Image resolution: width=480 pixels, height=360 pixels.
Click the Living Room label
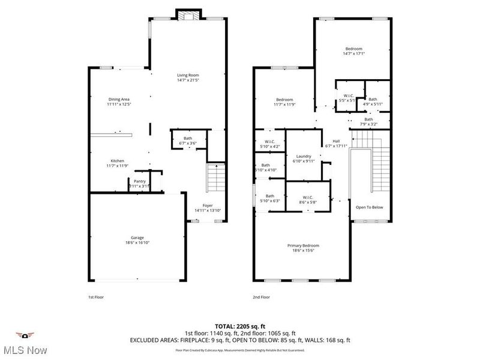(188, 75)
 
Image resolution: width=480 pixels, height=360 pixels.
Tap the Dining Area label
(119, 99)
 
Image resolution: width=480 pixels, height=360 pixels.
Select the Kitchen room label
(117, 160)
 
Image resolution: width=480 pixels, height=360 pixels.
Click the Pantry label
(139, 181)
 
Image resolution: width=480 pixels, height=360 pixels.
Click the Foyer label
(208, 206)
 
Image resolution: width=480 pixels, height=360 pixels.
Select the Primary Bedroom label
(303, 245)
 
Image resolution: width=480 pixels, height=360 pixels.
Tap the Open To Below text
(369, 207)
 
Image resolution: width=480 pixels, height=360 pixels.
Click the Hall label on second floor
(337, 141)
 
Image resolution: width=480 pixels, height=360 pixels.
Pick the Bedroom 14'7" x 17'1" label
(353, 49)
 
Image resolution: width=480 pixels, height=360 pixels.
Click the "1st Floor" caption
(95, 296)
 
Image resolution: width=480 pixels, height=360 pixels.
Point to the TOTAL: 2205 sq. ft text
(240, 326)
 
